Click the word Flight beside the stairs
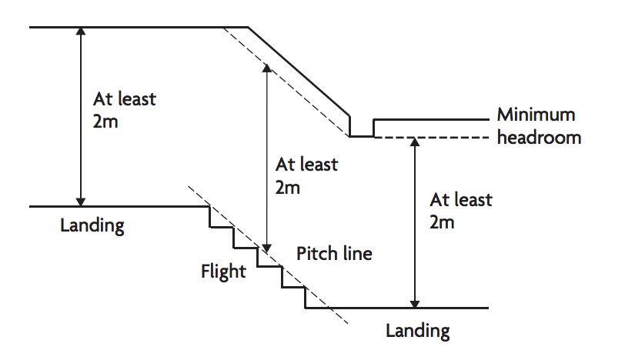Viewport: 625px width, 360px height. (223, 271)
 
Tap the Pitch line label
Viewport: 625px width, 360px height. (334, 253)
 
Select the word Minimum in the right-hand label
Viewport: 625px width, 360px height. (536, 115)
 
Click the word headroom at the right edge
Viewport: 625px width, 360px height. (539, 138)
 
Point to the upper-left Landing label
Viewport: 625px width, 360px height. (92, 226)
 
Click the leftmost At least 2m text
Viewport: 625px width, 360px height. (124, 110)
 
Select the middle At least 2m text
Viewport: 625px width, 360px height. (306, 175)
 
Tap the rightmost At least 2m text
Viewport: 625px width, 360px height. (460, 212)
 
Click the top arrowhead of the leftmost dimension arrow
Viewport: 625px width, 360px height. (80, 33)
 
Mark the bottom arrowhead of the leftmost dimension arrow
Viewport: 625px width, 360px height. (80, 201)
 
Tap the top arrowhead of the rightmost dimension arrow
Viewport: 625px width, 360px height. (416, 142)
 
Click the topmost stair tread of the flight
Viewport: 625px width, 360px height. (222, 228)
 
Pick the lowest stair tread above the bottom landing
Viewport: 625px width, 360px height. (294, 288)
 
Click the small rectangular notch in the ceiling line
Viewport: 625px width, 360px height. (362, 127)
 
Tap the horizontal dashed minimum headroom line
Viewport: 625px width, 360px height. (431, 137)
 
